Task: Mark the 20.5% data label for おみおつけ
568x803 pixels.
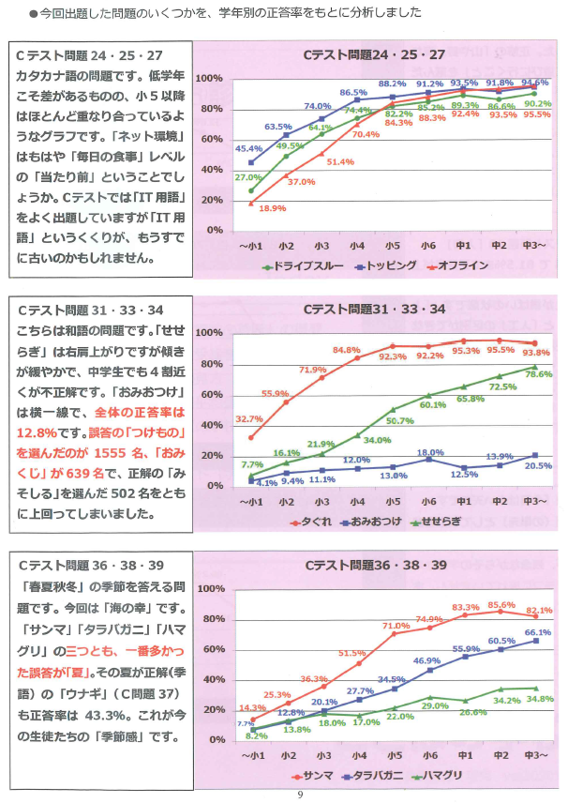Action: pyautogui.click(x=537, y=466)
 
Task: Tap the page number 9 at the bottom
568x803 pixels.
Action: pyautogui.click(x=299, y=795)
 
